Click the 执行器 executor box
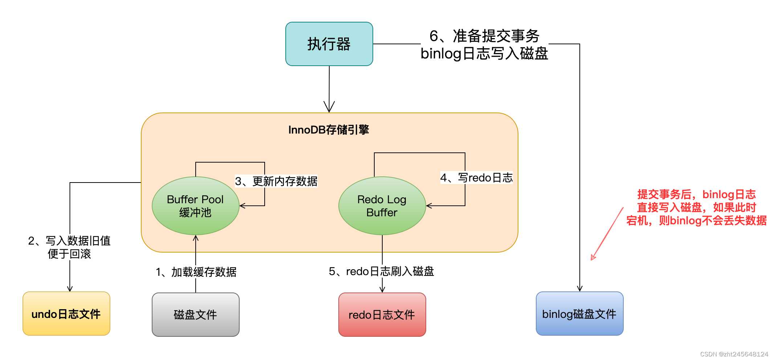329,44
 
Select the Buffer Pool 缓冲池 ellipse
195,206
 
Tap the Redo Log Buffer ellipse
382,206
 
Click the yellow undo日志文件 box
66,314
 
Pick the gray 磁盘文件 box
195,314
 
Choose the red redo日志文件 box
382,314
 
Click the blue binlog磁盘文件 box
579,314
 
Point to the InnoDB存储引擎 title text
329,130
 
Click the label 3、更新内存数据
276,181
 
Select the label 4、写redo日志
476,177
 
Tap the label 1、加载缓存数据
196,272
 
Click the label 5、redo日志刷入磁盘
381,271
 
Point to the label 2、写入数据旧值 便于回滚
69,247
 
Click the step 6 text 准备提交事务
484,36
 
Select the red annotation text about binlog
696,207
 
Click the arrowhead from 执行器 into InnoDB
329,108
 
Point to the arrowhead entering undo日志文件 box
70,289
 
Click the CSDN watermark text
734,354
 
